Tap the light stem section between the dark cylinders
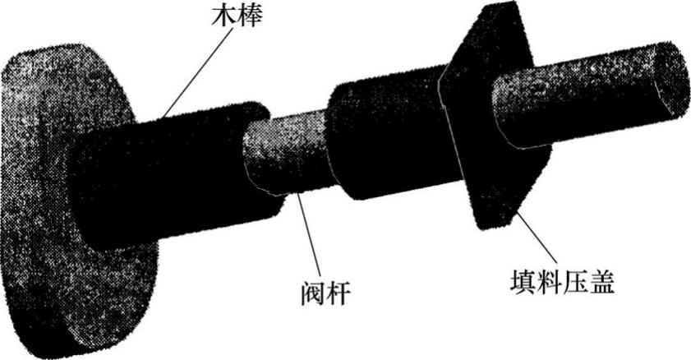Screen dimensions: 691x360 (288, 156)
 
